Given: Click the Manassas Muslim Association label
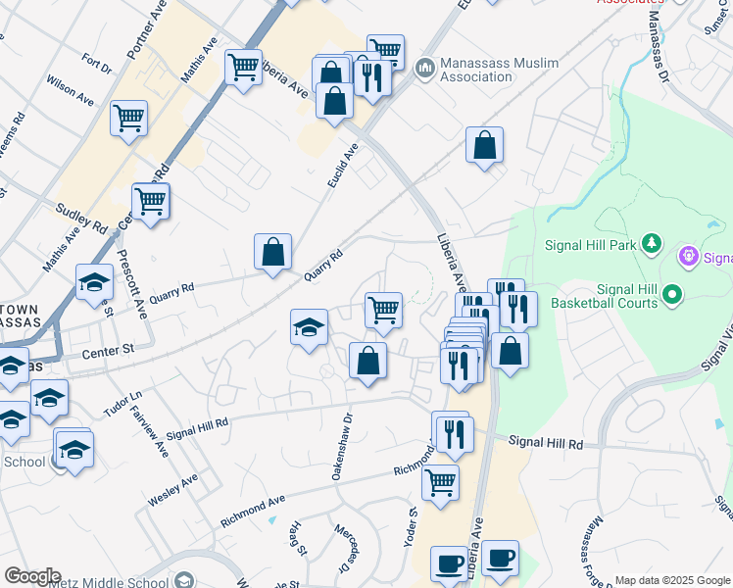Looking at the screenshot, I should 498,71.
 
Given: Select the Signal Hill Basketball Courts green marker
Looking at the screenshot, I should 671,294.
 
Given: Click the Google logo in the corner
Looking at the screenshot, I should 32,575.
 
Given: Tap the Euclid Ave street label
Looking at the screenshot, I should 345,167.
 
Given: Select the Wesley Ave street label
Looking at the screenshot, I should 172,488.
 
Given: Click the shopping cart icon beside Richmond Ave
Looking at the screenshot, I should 440,481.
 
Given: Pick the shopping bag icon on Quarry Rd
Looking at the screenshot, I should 272,251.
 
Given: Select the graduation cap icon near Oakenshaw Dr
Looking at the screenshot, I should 309,326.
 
